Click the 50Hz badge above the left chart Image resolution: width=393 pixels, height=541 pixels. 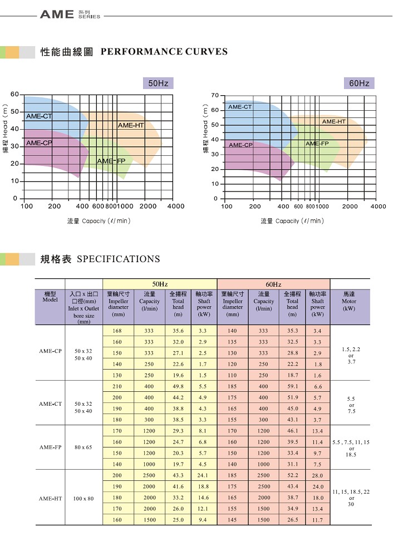[158, 83]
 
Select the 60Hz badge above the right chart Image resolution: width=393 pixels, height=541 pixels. [359, 83]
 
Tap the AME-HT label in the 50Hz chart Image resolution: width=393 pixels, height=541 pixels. [131, 125]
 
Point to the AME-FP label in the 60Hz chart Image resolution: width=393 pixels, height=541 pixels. [317, 144]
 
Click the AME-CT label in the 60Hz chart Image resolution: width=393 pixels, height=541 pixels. [240, 106]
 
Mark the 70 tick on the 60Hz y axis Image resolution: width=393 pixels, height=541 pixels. [214, 96]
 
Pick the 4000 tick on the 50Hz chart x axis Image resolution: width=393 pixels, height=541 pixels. [176, 206]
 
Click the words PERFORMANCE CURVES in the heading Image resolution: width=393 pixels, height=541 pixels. [164, 52]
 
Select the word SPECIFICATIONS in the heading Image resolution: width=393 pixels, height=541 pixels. [118, 259]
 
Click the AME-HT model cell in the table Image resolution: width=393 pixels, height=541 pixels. [50, 498]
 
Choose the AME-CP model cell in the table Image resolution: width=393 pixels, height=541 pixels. [50, 352]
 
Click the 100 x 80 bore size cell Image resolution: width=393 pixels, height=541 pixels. [83, 498]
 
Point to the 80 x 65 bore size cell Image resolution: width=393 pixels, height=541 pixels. [83, 447]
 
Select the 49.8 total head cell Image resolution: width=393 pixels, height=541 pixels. [178, 386]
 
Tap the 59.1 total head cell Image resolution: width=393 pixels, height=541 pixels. [292, 386]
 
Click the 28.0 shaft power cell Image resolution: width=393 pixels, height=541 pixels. [317, 476]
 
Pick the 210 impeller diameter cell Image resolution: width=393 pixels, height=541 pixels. [117, 386]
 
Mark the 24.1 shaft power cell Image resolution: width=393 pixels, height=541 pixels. [204, 475]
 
